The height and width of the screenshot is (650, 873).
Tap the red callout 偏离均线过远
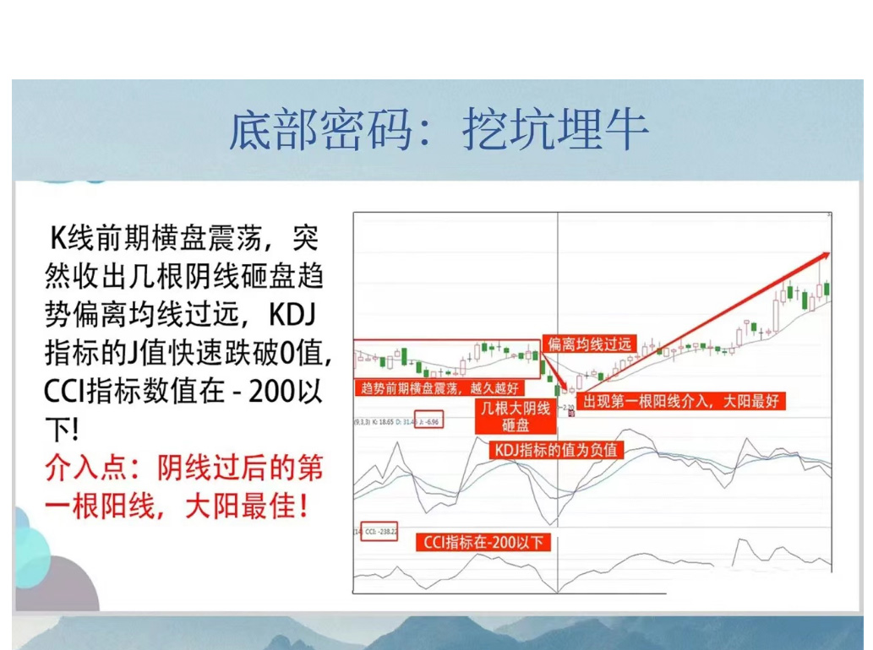pos(589,344)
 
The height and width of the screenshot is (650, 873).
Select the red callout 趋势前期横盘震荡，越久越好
pos(439,388)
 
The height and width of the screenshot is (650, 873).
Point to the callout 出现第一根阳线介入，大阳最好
pos(679,401)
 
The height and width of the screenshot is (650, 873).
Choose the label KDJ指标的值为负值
pos(555,450)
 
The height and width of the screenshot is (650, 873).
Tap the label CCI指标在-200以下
pos(483,542)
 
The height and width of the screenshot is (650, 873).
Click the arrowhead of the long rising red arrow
pos(825,255)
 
